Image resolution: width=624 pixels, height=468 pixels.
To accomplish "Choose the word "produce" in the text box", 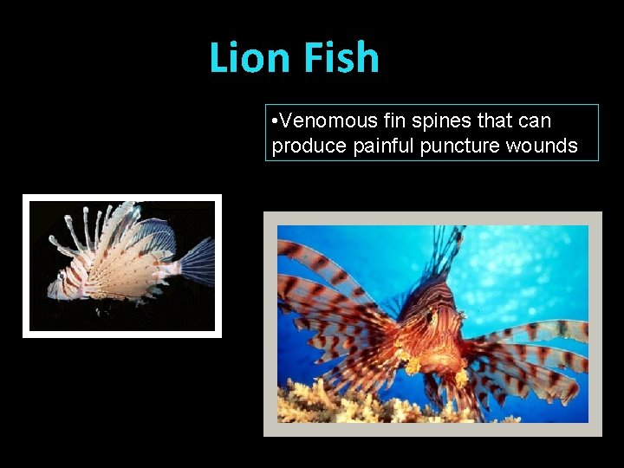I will [309, 146].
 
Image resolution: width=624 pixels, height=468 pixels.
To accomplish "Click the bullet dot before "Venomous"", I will [274, 120].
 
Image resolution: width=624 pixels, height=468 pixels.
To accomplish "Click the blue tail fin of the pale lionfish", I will [198, 263].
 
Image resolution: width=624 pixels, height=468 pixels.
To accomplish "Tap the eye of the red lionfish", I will [431, 320].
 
